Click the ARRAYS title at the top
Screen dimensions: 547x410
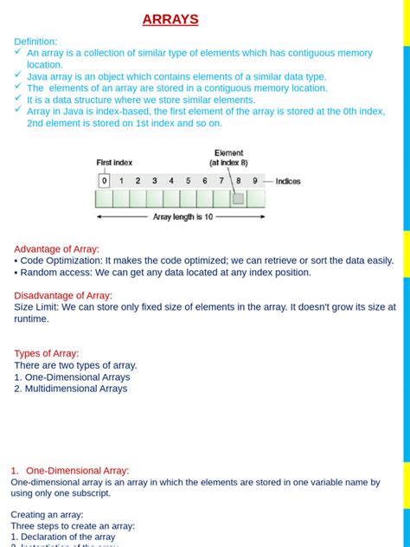pyautogui.click(x=170, y=19)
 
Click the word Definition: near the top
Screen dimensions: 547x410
pyautogui.click(x=35, y=42)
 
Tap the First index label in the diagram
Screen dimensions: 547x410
pyautogui.click(x=114, y=162)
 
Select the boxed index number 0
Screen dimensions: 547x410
pyautogui.click(x=105, y=181)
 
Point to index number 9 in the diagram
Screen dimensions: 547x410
pyautogui.click(x=254, y=181)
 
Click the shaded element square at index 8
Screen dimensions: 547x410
pyautogui.click(x=238, y=198)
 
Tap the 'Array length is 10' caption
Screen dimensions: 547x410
pyautogui.click(x=183, y=217)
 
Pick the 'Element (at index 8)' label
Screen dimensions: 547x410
pyautogui.click(x=228, y=158)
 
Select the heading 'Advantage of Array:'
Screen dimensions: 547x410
pyautogui.click(x=56, y=249)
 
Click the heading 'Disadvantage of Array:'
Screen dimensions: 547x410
pyautogui.click(x=63, y=295)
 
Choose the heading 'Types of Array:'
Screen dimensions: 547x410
pyautogui.click(x=47, y=353)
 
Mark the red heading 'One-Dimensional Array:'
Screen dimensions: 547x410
pyautogui.click(x=77, y=471)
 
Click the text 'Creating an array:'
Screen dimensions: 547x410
pyautogui.click(x=48, y=514)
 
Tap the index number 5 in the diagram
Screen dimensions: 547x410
pyautogui.click(x=188, y=181)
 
